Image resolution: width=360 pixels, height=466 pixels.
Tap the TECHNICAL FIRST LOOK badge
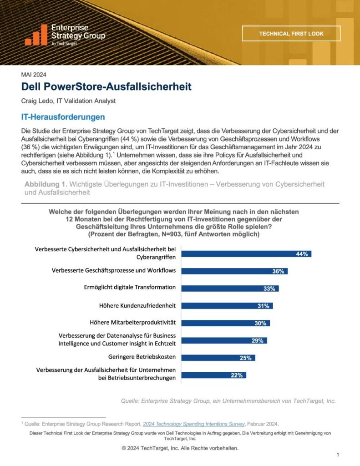click(x=291, y=34)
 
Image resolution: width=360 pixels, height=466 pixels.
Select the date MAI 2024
click(x=34, y=75)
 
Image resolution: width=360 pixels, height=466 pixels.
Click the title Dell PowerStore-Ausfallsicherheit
click(x=106, y=86)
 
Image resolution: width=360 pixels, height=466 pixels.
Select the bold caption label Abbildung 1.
click(x=45, y=184)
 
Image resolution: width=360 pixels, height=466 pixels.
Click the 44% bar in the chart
click(x=246, y=254)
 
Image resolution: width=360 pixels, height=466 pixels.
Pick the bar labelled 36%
click(x=234, y=271)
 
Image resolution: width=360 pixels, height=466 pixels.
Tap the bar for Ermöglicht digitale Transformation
click(x=230, y=288)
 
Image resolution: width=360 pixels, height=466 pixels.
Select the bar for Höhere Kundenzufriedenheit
click(x=227, y=306)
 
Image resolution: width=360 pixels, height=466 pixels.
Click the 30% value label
click(x=260, y=323)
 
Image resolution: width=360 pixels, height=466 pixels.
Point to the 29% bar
click(x=224, y=340)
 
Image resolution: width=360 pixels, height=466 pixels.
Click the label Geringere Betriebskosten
click(x=142, y=356)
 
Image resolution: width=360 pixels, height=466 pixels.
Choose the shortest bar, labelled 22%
click(x=213, y=375)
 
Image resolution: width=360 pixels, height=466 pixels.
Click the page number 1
click(x=338, y=455)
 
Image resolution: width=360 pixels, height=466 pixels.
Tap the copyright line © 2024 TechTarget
click(x=180, y=448)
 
